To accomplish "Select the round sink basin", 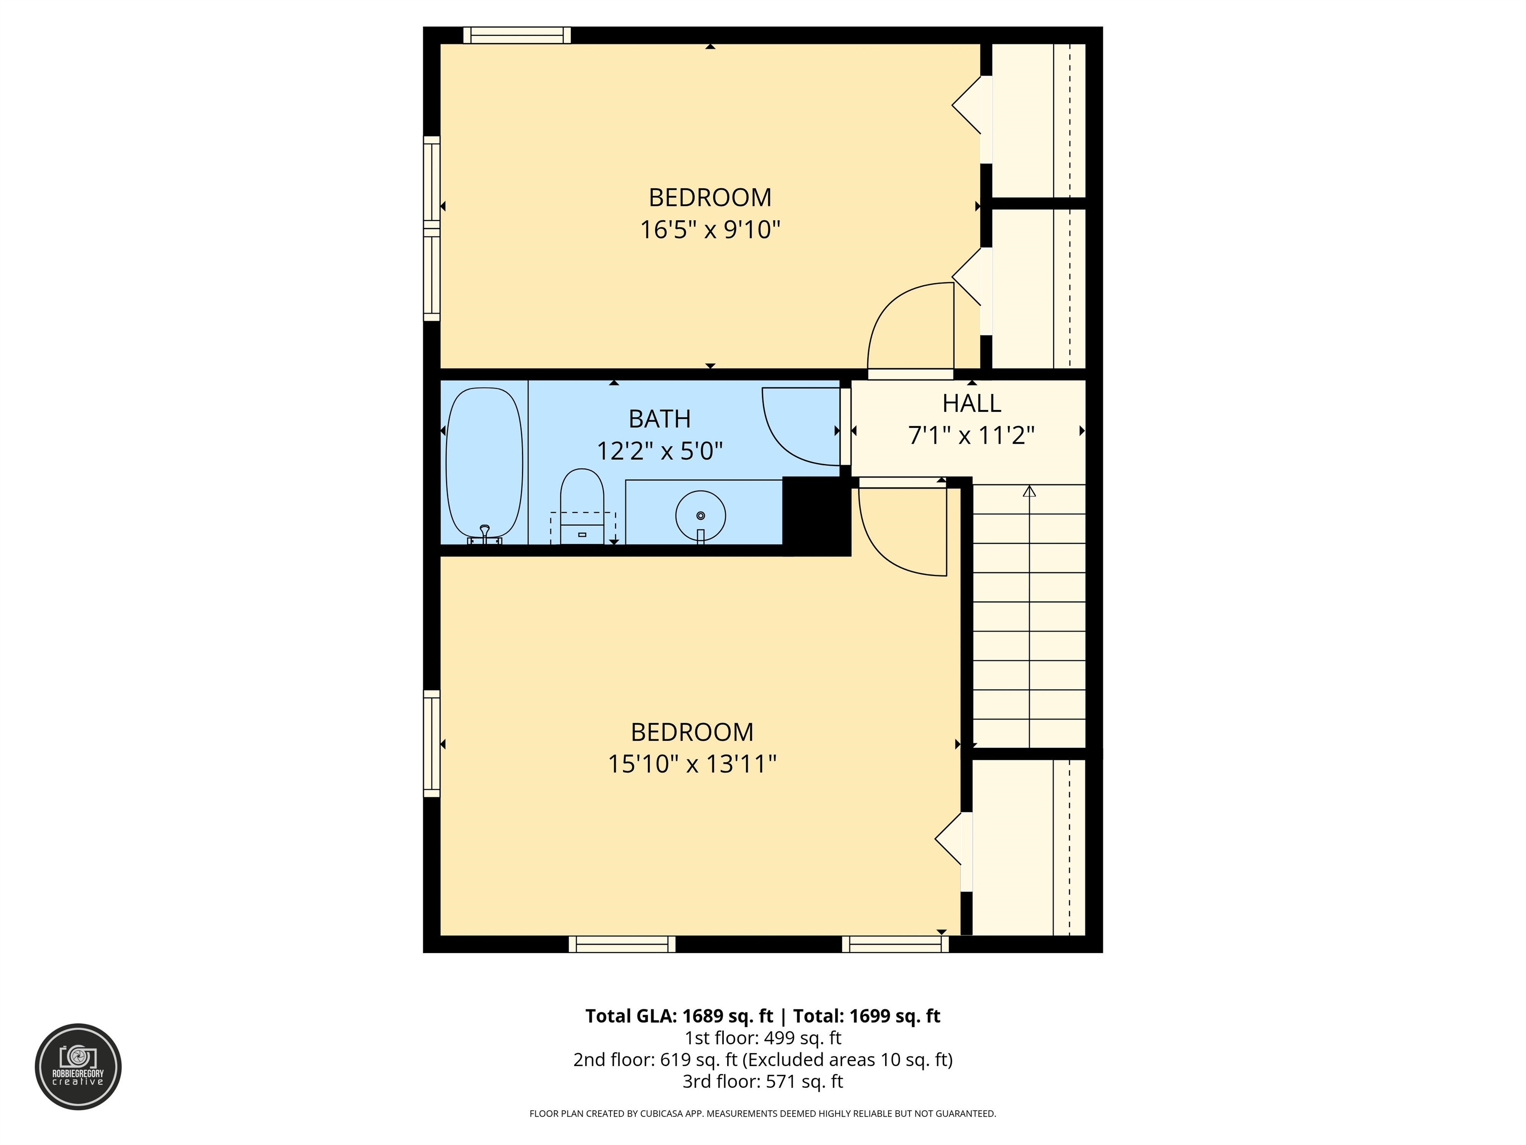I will (700, 515).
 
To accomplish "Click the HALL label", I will (971, 403).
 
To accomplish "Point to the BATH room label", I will (660, 419).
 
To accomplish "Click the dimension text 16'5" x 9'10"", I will (710, 229).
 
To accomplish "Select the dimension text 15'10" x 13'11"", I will (692, 764).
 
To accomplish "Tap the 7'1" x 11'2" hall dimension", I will (971, 435).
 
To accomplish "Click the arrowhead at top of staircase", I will (1029, 491).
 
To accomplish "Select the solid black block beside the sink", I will (816, 515).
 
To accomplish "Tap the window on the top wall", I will (517, 35).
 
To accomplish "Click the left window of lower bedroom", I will (432, 743).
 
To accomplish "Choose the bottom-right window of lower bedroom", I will (895, 944).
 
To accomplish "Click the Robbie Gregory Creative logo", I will (78, 1066).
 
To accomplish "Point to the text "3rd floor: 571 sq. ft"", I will (763, 1081).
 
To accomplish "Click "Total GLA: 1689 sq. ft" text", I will (679, 1016).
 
